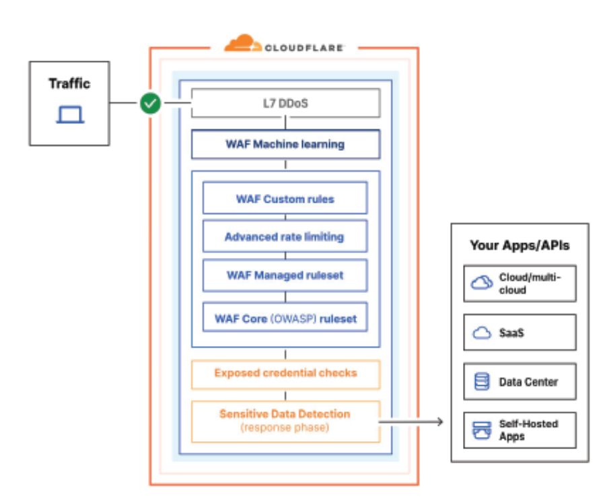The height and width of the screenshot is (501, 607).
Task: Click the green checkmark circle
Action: point(151,103)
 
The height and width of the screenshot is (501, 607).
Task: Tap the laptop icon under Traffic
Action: point(70,115)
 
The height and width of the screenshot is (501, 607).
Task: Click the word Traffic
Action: point(69,83)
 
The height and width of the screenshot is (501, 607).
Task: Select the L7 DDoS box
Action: point(285,103)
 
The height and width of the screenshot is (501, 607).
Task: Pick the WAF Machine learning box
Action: point(285,144)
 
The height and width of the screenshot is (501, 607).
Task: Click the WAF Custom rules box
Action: point(285,199)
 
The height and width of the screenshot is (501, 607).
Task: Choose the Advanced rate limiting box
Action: point(285,236)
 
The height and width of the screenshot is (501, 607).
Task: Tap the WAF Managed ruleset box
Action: point(285,275)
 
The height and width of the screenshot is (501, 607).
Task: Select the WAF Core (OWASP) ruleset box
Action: point(285,317)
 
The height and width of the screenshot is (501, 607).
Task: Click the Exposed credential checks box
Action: point(285,373)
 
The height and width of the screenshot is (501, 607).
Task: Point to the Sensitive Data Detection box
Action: point(285,421)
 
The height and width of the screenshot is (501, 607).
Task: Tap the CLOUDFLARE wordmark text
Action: point(304,48)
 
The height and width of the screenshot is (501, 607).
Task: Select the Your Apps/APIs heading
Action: point(520,245)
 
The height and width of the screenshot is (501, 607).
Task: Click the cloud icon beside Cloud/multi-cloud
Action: point(482,283)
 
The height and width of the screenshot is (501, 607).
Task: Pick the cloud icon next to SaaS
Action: point(482,333)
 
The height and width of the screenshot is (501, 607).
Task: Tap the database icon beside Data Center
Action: point(482,382)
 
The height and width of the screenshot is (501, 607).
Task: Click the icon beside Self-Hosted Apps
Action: point(482,430)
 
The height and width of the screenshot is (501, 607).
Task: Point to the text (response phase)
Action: point(285,428)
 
